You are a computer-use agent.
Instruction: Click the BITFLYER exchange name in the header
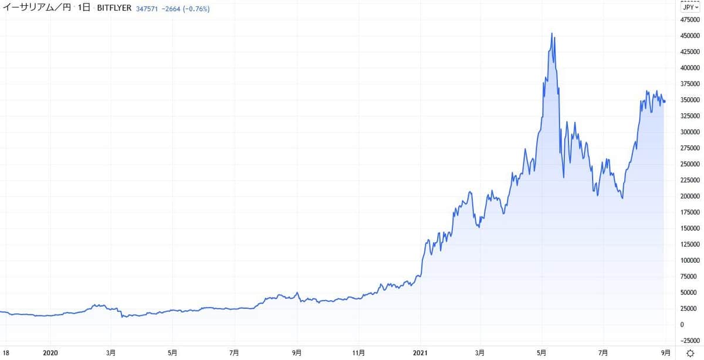(x=114, y=9)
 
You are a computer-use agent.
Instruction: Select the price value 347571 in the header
(x=147, y=9)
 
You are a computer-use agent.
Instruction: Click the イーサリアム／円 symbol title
(x=35, y=9)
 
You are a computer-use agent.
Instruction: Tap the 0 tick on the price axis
(x=682, y=324)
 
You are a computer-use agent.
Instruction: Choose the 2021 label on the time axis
(x=421, y=353)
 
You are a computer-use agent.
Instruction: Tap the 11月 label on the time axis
(x=358, y=353)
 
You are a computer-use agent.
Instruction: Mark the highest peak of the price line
(x=551, y=33)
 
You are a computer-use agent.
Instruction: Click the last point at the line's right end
(x=665, y=101)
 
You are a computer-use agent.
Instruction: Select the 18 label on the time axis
(x=5, y=353)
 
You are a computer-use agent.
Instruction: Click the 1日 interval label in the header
(x=84, y=9)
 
